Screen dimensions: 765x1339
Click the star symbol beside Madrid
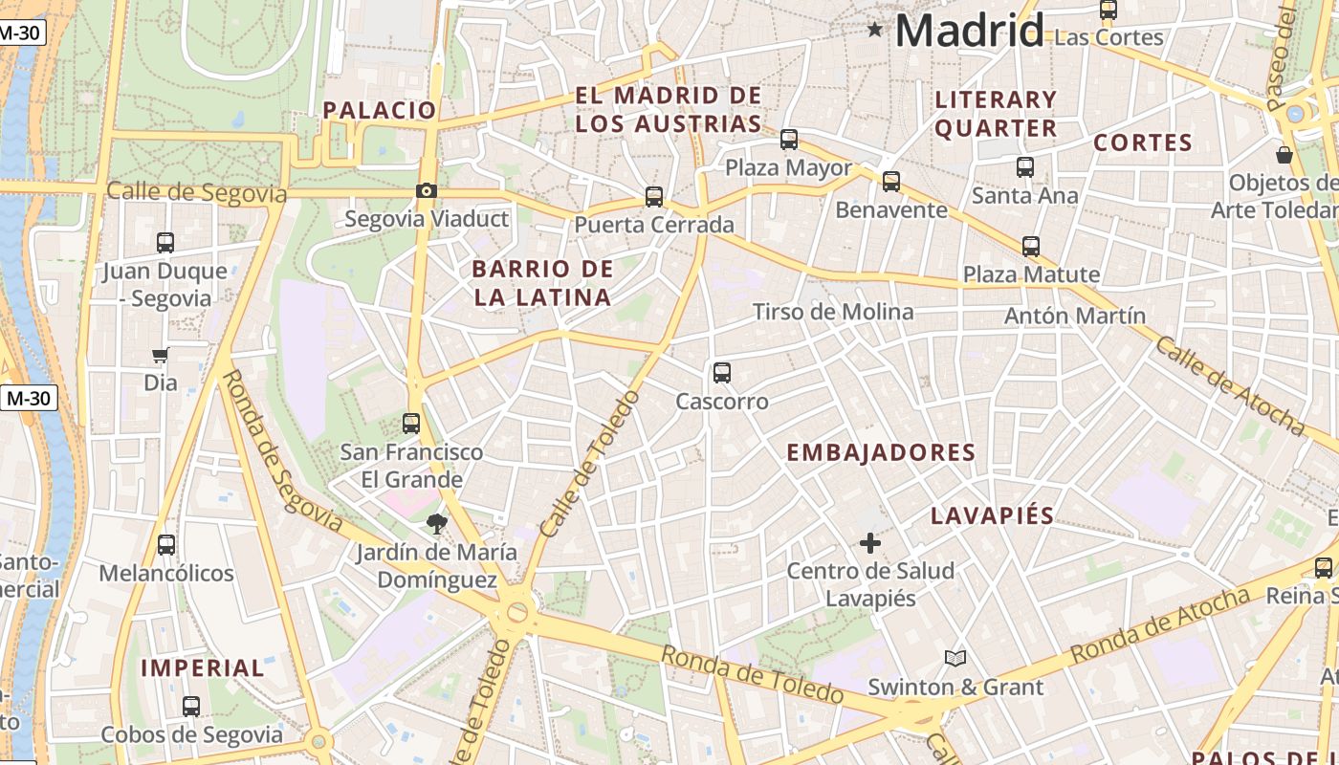coord(874,30)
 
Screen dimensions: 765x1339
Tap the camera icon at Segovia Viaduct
coord(427,191)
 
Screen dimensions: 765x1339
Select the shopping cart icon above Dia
coord(160,356)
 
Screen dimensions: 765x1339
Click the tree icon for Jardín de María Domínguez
coord(437,523)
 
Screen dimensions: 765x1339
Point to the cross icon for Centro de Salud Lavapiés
coord(869,543)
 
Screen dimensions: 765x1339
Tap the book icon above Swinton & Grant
coord(955,658)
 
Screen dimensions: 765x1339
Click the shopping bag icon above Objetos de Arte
coord(1284,154)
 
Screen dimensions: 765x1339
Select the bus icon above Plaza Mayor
coord(789,140)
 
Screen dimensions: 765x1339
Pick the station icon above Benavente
coord(891,181)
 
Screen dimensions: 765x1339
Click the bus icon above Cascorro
coord(722,373)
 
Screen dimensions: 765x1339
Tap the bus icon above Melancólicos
coord(166,545)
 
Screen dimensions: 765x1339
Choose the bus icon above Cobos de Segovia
coord(191,707)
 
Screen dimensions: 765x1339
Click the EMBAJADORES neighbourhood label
coord(881,452)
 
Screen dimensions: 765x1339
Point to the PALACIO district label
coord(380,110)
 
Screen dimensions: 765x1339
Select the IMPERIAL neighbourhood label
coord(203,667)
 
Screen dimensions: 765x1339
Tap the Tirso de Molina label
coord(833,312)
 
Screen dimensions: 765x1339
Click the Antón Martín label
coord(1075,316)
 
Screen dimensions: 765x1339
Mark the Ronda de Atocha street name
coord(1159,626)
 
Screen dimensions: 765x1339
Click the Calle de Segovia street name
coord(196,192)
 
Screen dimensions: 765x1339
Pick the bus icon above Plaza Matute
coord(1031,247)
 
